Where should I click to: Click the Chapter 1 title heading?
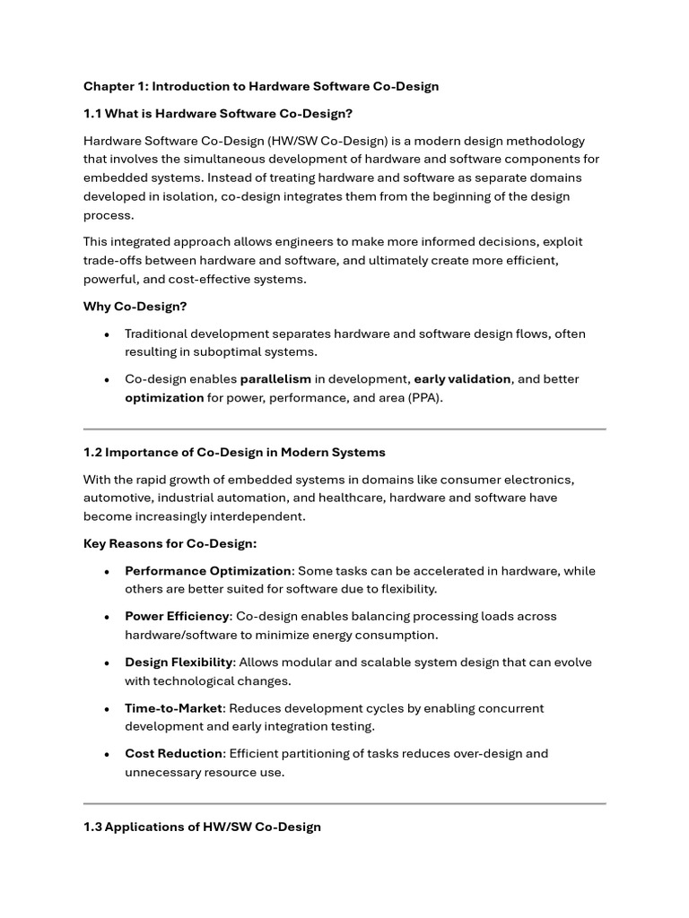(261, 86)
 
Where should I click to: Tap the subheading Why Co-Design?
(135, 306)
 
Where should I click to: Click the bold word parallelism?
(276, 379)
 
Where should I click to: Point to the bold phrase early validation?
(462, 379)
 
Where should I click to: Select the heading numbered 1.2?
(234, 452)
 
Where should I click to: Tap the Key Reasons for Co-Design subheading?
(170, 543)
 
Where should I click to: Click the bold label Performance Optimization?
(208, 571)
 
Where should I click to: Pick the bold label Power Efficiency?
(178, 617)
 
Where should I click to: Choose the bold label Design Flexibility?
(179, 663)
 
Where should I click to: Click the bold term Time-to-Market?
(173, 708)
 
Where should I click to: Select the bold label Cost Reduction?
(174, 753)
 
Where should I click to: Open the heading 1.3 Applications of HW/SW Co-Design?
(202, 827)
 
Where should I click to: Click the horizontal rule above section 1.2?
(344, 429)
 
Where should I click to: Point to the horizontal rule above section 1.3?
(344, 803)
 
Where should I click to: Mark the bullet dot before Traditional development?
(108, 334)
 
